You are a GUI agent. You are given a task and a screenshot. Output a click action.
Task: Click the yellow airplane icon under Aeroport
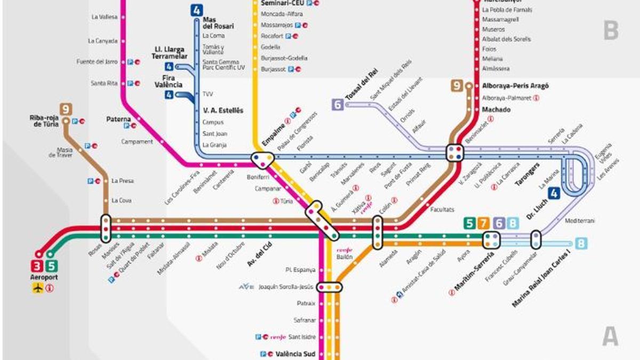click(x=38, y=289)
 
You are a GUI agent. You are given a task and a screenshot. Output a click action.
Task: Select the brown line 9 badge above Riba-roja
click(x=66, y=109)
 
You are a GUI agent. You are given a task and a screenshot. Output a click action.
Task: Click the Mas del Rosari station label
click(x=218, y=22)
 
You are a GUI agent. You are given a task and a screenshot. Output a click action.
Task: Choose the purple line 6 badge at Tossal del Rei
click(x=338, y=105)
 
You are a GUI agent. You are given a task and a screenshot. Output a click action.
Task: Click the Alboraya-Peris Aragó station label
click(x=515, y=86)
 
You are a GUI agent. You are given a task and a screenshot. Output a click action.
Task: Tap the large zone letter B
click(x=611, y=31)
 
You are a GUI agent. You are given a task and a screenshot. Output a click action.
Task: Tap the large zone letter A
click(x=611, y=337)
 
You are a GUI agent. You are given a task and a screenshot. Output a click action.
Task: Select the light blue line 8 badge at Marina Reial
click(x=581, y=244)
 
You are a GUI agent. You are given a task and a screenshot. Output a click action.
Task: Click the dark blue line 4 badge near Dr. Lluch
click(x=554, y=193)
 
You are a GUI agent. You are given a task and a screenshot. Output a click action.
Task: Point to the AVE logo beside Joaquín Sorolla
click(x=246, y=287)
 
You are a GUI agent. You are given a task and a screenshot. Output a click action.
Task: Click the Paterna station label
click(x=119, y=119)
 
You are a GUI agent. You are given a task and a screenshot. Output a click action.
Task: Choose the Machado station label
click(x=496, y=109)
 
